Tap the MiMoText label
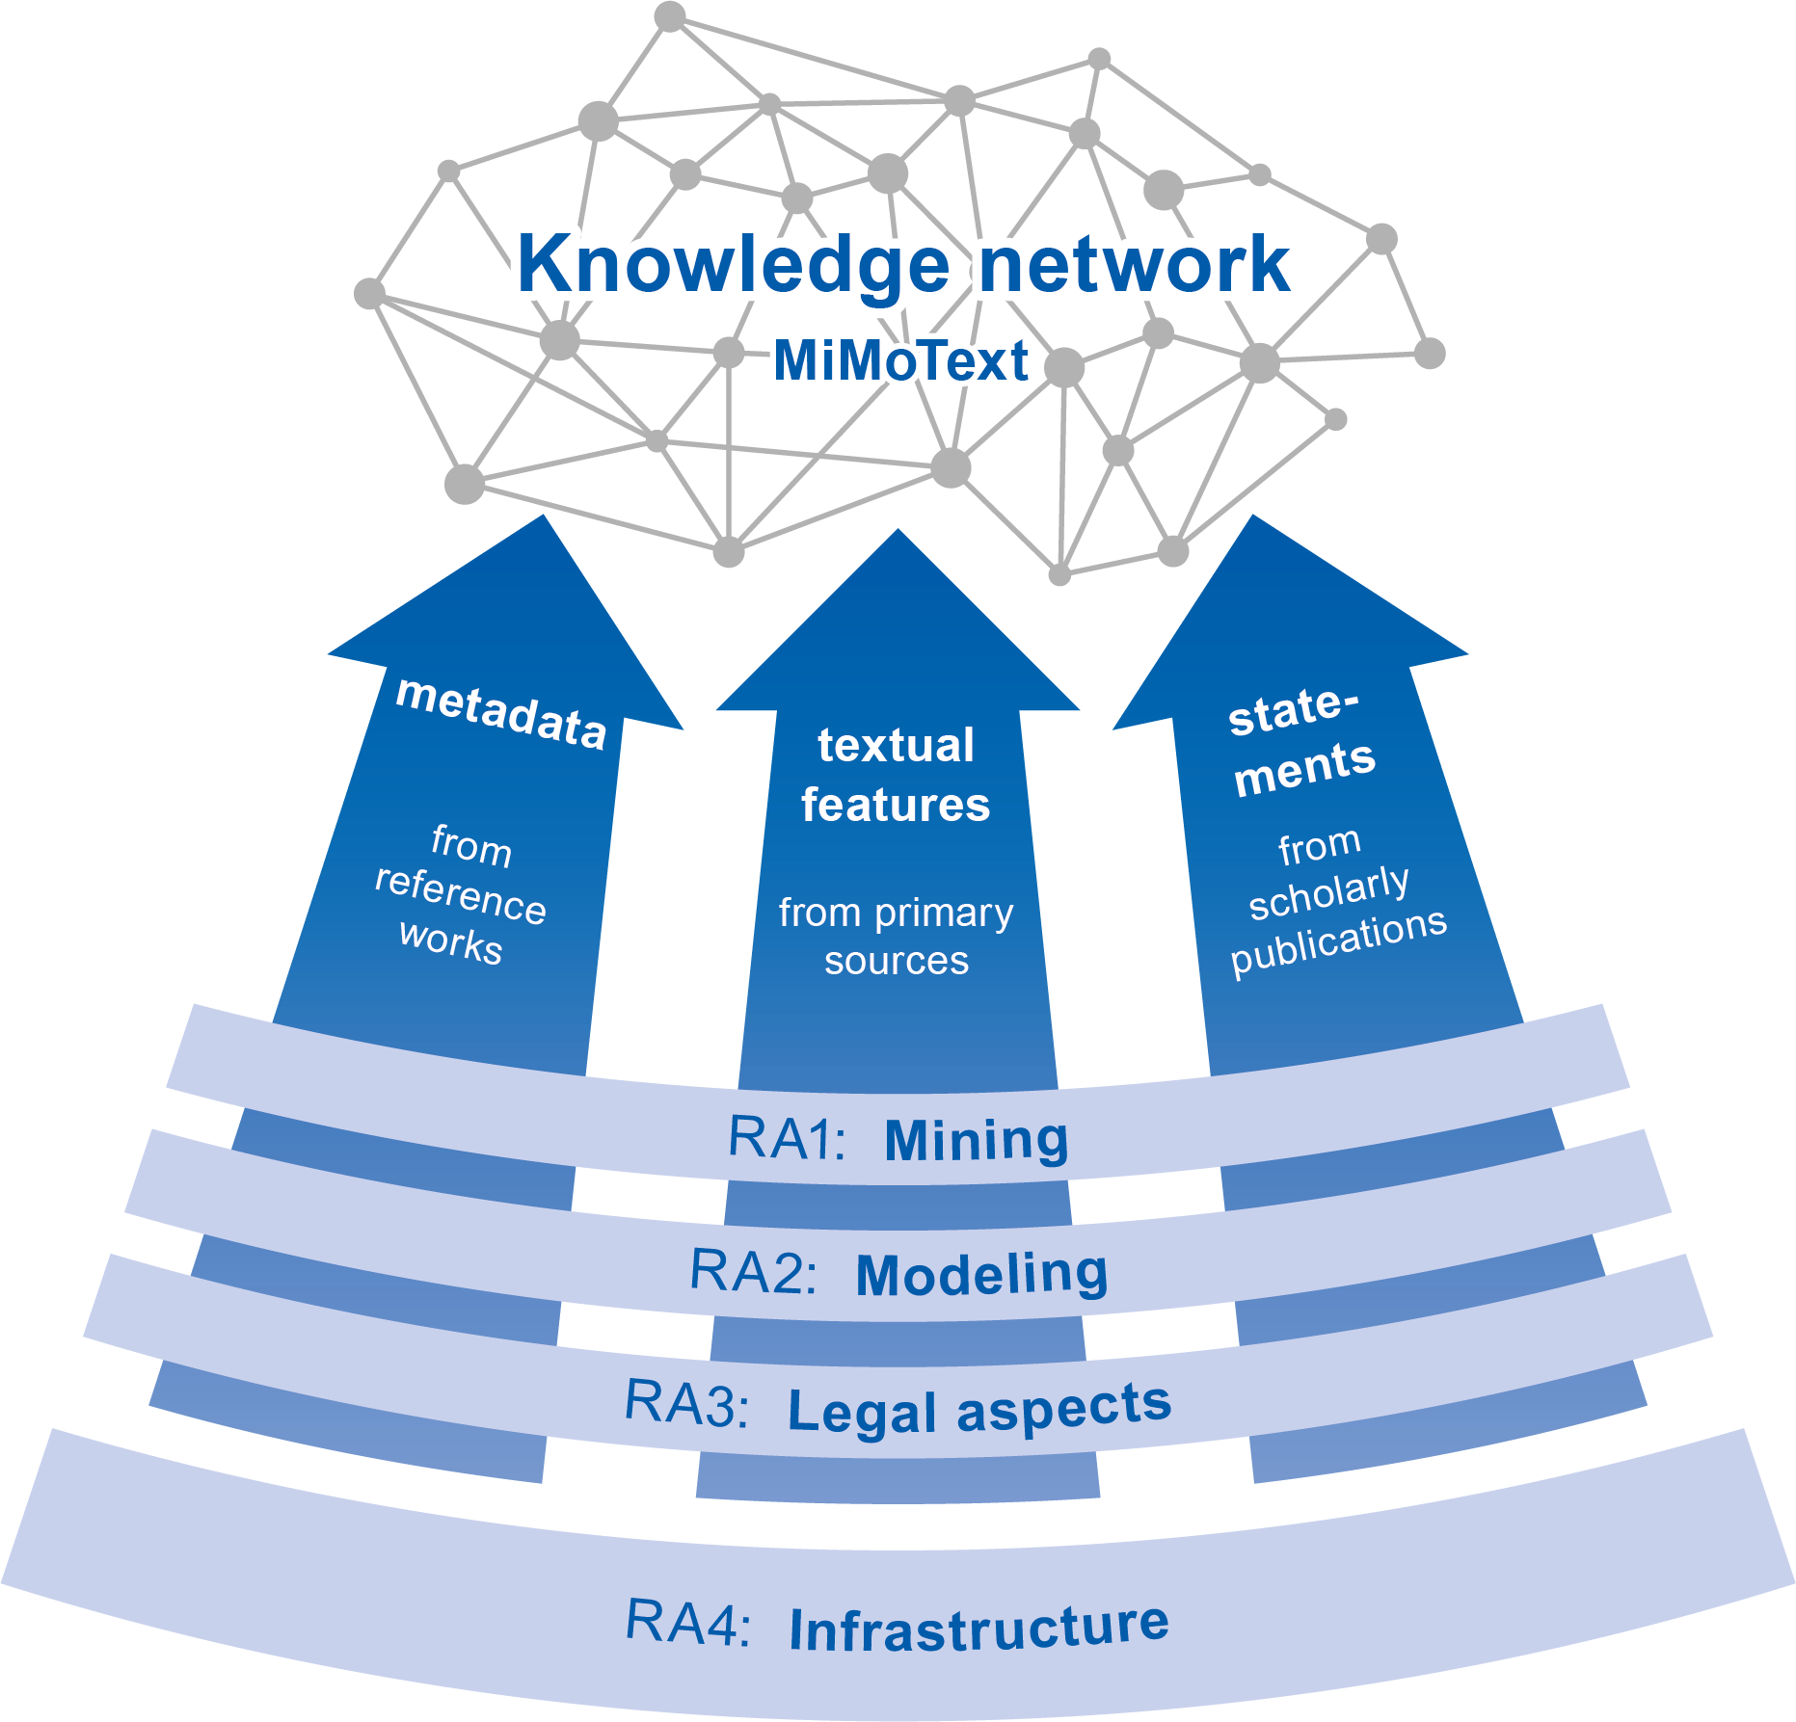901,361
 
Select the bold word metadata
501,713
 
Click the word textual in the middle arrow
896,746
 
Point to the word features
896,805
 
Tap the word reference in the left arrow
460,896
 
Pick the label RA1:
786,1138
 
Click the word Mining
976,1140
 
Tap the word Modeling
981,1274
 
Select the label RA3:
685,1403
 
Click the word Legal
862,1412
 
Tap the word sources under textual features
896,961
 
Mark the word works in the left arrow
450,941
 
